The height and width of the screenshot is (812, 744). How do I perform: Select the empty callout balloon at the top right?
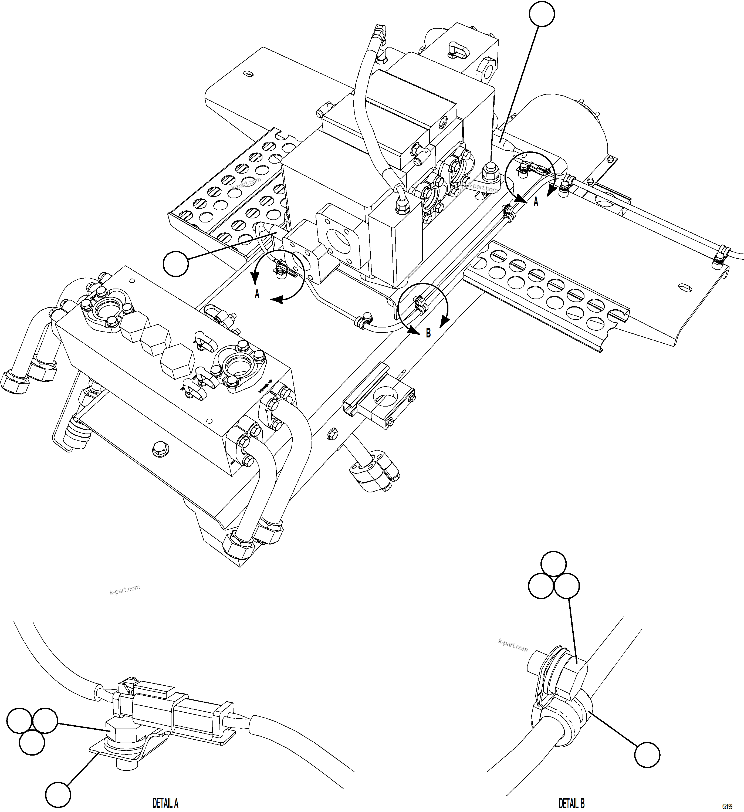[x=542, y=14]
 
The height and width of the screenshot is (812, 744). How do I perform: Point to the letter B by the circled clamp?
[x=428, y=333]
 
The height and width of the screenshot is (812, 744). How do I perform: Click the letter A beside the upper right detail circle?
[x=536, y=202]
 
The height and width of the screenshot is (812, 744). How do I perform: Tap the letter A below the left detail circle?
[x=257, y=295]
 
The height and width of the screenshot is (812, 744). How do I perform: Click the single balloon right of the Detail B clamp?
[x=647, y=755]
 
